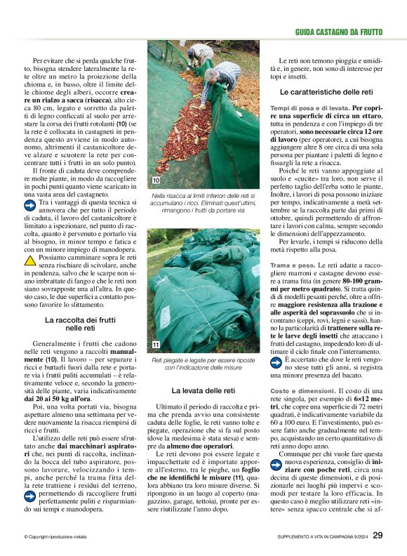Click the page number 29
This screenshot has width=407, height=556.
click(x=378, y=535)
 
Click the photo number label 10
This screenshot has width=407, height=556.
click(x=156, y=181)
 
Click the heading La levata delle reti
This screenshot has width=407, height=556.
click(x=203, y=390)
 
